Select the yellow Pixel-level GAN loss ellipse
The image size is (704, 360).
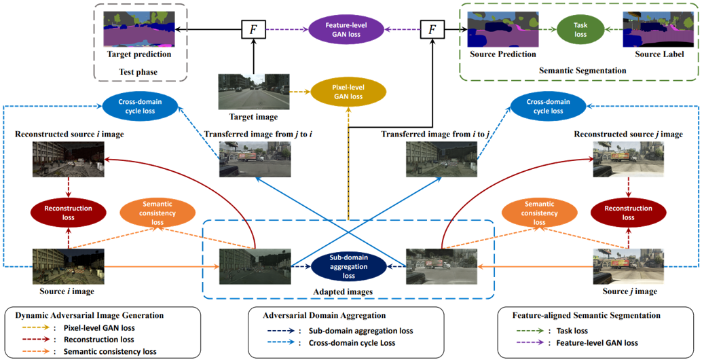[x=347, y=92]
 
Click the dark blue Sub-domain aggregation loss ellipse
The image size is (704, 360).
[x=348, y=266]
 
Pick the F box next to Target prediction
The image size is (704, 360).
[x=252, y=30]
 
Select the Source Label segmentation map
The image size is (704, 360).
[x=652, y=30]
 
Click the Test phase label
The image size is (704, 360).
[x=138, y=72]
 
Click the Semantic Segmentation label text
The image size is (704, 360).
[x=582, y=70]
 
